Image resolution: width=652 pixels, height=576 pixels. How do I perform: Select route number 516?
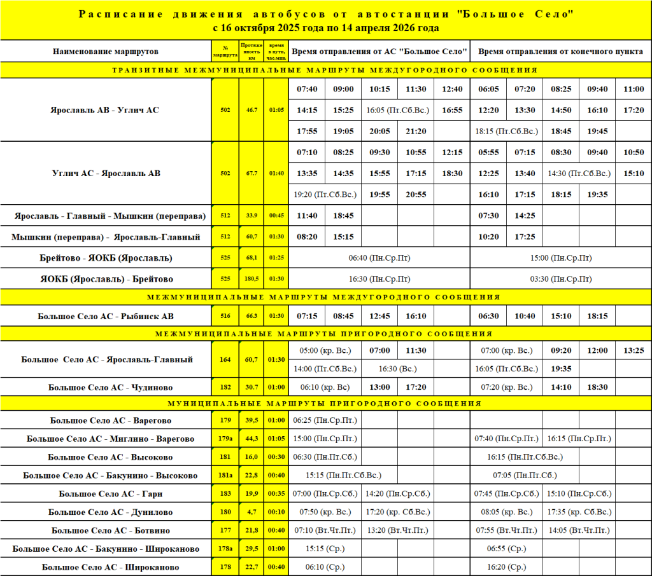225,316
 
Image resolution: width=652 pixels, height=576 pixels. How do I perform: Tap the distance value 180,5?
251,279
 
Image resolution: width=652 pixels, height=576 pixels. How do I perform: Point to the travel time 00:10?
276,512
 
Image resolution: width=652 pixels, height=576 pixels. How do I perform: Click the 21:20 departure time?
416,131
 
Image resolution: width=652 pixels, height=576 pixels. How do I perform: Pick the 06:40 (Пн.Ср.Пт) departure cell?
380,258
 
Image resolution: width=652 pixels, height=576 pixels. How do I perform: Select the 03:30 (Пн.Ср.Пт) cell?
560,279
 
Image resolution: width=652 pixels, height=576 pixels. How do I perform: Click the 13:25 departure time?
634,350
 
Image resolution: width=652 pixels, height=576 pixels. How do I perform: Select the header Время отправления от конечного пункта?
560,51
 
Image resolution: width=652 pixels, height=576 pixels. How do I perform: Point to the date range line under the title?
326,29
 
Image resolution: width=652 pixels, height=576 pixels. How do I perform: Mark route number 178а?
225,549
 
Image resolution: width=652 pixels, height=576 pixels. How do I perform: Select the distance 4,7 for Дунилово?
251,512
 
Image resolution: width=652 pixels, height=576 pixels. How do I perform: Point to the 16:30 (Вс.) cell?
398,368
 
